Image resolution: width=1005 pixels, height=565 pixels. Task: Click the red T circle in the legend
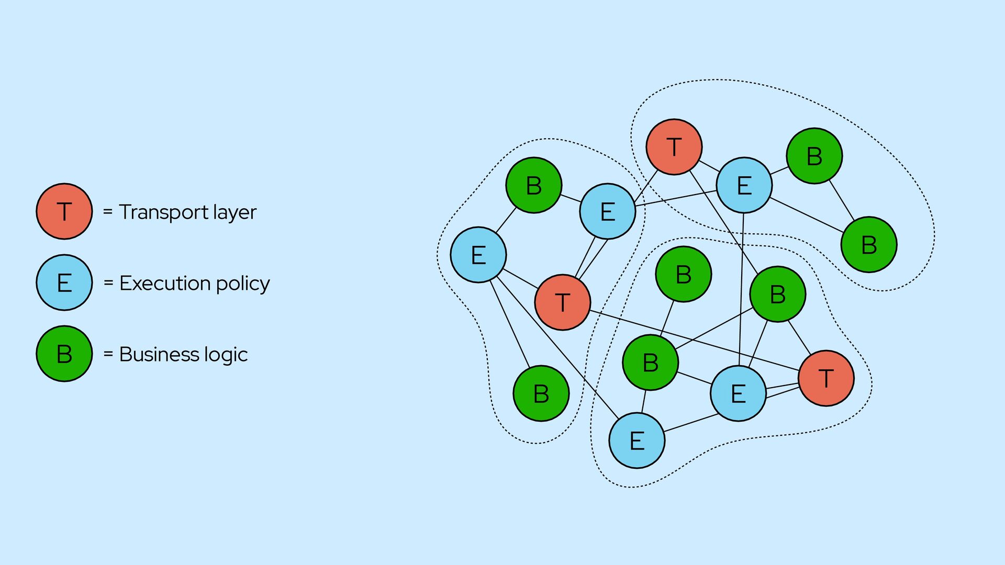coord(64,211)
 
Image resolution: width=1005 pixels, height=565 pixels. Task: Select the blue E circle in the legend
coord(64,282)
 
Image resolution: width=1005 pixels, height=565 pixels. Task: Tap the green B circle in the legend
coord(64,354)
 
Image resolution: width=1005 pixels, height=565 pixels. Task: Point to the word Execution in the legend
coord(165,283)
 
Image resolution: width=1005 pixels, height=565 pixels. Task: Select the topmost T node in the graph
coord(674,147)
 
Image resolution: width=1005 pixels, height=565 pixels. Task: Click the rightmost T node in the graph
coord(826,378)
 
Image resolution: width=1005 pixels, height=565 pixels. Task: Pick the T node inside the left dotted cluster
coord(563,302)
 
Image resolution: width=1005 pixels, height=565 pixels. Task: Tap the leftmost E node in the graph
coord(478,255)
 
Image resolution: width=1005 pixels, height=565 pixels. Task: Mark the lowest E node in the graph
coord(637,440)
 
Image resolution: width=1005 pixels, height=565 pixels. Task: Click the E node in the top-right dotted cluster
coord(744,185)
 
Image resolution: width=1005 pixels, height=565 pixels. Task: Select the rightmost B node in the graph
coord(869,245)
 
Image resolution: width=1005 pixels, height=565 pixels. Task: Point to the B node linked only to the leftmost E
coord(541,393)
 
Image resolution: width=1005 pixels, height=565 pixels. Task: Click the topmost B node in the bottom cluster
coord(684,274)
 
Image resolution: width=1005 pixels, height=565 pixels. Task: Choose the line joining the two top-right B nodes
coord(842,200)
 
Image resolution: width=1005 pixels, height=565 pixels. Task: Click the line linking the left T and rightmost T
coord(695,341)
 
